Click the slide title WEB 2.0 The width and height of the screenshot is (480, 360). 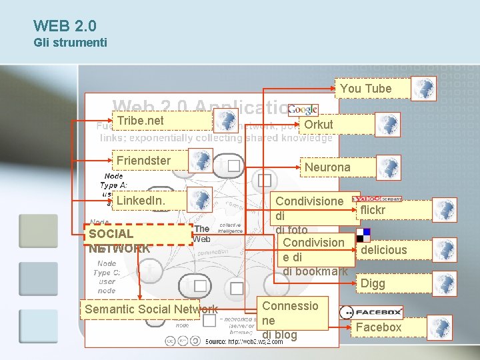[x=65, y=26]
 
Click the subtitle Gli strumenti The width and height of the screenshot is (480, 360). [x=70, y=43]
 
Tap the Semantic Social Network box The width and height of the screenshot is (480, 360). [x=140, y=309]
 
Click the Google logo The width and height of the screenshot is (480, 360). [x=303, y=109]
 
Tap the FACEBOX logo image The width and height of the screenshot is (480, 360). [x=372, y=311]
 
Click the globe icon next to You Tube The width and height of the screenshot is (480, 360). [x=424, y=89]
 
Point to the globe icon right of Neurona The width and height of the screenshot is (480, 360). [x=388, y=167]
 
